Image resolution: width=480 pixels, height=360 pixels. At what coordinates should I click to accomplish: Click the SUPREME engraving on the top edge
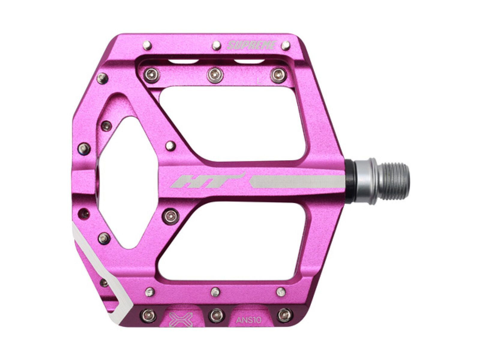tap(251, 45)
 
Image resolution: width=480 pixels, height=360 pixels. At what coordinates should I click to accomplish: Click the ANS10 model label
tap(249, 320)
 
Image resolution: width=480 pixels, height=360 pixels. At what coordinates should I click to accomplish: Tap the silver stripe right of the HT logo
tap(297, 182)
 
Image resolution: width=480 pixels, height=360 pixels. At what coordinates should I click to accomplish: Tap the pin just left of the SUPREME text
tap(216, 46)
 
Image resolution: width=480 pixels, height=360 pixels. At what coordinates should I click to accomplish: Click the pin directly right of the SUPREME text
tap(286, 46)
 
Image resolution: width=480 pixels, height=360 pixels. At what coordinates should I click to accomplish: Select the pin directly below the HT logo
tap(171, 215)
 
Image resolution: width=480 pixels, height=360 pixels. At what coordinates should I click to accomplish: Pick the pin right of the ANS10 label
tap(284, 314)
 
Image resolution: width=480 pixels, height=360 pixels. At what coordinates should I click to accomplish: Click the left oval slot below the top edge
tap(183, 62)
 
